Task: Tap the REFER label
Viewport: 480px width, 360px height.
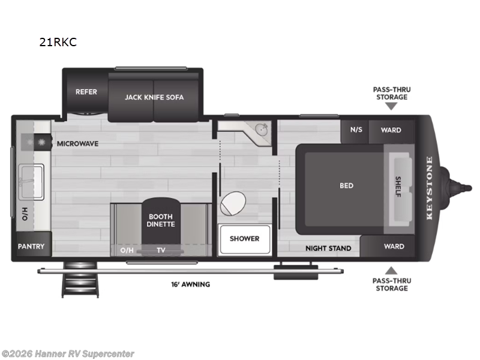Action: click(x=86, y=92)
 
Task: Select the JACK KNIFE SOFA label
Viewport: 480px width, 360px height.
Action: click(x=154, y=97)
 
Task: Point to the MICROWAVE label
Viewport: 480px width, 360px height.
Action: click(x=77, y=144)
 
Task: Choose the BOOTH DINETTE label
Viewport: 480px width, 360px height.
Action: click(x=160, y=220)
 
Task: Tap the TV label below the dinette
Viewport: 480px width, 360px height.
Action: click(x=161, y=250)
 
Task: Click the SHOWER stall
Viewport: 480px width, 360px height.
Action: click(x=244, y=238)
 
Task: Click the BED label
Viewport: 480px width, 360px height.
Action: click(x=346, y=185)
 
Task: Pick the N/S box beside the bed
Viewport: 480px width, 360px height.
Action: click(x=356, y=130)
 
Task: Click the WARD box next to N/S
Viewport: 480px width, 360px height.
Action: click(x=391, y=130)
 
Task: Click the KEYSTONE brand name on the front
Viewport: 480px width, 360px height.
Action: click(x=429, y=188)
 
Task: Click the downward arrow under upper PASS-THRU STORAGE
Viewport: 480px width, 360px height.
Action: click(x=391, y=106)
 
